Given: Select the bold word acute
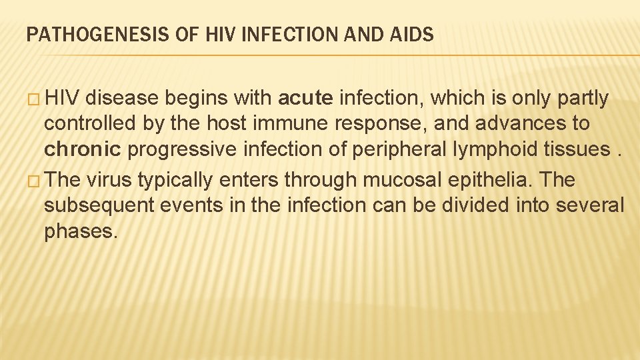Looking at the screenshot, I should point(305,99).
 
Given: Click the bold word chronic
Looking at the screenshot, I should point(82,149).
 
